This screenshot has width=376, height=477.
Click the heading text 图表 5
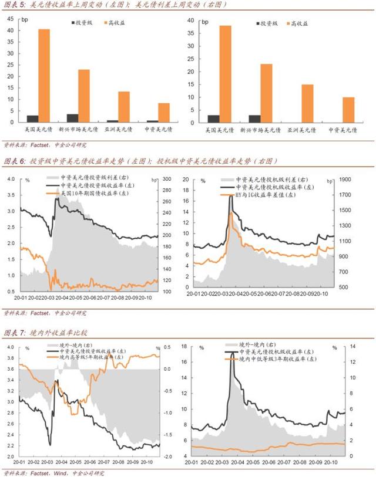tap(15, 5)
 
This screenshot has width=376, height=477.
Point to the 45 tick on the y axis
tap(10, 19)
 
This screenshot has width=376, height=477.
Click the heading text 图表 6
tap(15, 161)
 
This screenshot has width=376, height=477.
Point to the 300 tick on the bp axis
tap(166, 179)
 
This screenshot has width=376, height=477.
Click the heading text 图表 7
tap(15, 333)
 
